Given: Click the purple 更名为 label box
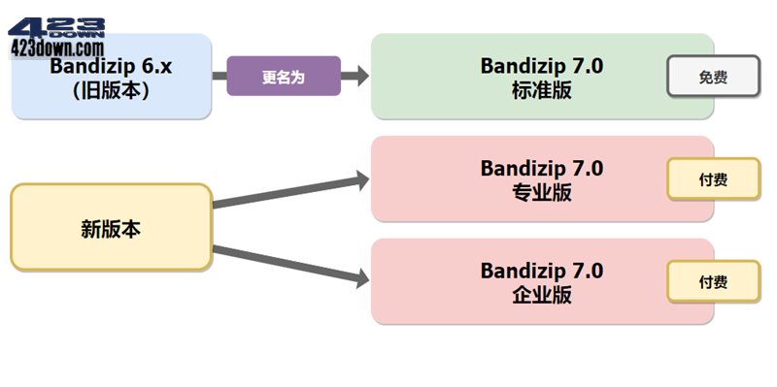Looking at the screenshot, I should click(x=284, y=76).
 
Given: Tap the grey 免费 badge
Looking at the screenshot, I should click(x=712, y=77).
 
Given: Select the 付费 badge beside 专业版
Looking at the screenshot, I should click(x=712, y=178).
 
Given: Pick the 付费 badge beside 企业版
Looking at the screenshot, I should click(x=712, y=281).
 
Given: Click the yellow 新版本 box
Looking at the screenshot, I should click(x=111, y=227).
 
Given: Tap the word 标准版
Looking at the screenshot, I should click(x=541, y=89).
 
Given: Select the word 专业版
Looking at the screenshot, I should click(x=541, y=192).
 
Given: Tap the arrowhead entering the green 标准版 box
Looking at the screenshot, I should click(x=359, y=76).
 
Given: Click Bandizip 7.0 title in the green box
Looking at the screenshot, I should click(x=541, y=65).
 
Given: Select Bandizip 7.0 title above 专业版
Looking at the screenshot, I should click(x=541, y=168).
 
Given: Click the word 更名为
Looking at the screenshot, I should click(x=284, y=76).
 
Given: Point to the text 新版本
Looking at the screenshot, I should click(x=111, y=229).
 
